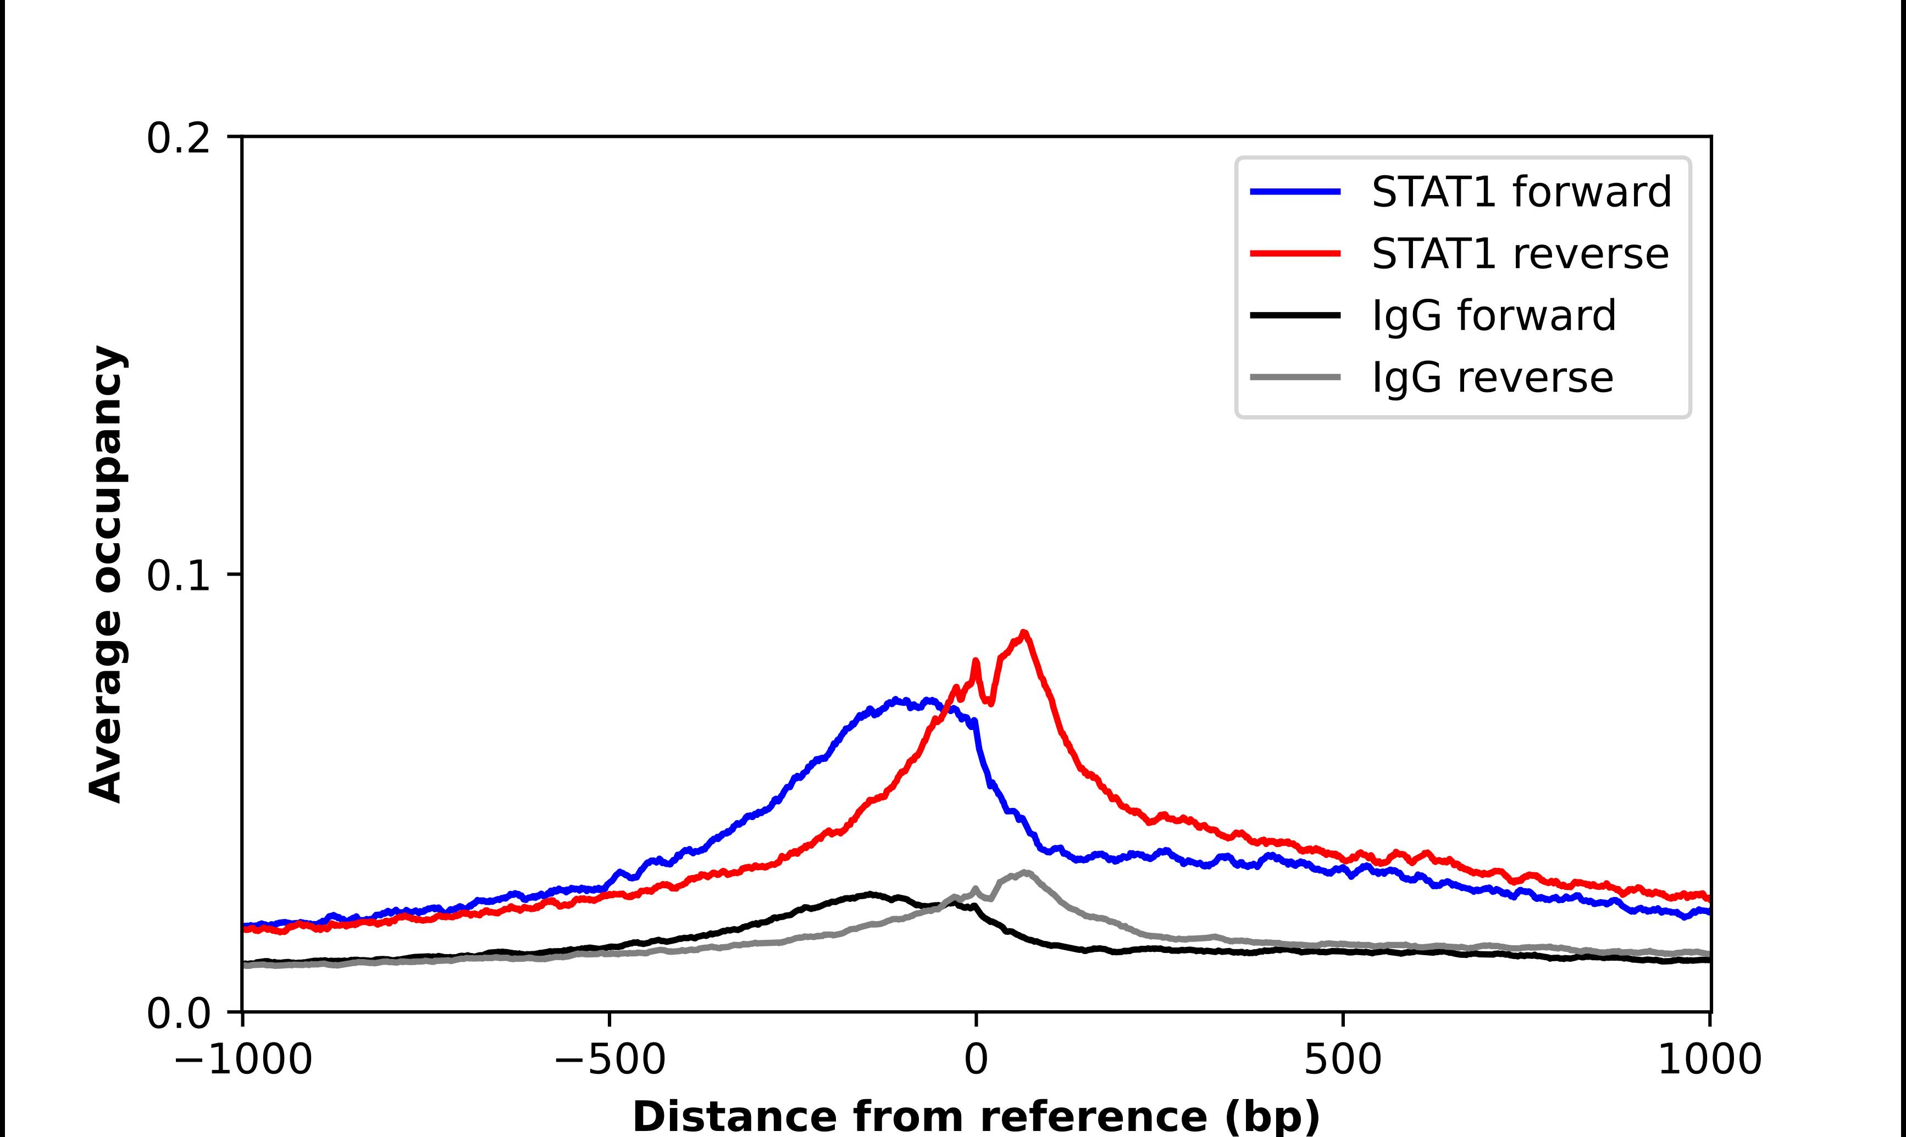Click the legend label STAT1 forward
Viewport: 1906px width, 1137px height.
[1521, 192]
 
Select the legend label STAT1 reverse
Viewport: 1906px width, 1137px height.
[1520, 254]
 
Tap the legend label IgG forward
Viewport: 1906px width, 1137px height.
[1493, 316]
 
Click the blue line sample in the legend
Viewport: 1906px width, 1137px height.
[1295, 192]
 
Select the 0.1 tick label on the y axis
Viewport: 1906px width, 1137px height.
[178, 576]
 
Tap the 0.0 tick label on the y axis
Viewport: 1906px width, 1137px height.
[178, 1013]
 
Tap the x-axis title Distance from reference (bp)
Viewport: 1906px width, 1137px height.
[976, 1116]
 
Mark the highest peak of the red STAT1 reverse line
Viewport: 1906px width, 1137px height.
[1024, 633]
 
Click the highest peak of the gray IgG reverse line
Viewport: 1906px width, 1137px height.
[1024, 872]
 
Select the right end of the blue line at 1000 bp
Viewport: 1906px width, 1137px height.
[1708, 912]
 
